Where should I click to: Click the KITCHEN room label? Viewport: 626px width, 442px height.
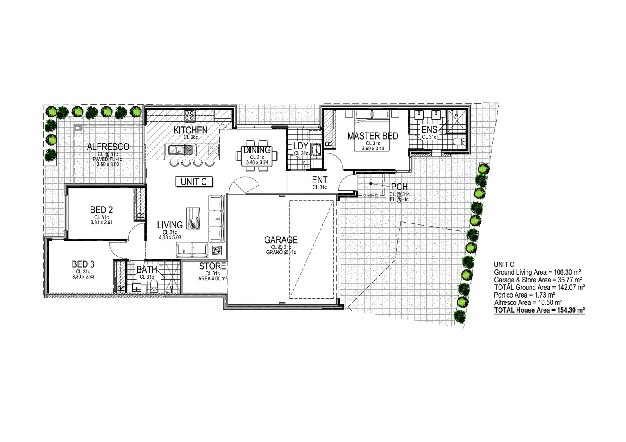[191, 130]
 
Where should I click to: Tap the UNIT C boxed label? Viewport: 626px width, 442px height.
[194, 182]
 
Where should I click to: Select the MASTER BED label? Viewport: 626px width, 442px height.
[372, 136]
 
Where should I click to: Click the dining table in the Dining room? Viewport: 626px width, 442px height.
[257, 156]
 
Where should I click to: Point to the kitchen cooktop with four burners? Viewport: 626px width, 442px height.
[190, 115]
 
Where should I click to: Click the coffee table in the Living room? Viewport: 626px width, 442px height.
[192, 218]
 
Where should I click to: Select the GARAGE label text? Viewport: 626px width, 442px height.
[281, 240]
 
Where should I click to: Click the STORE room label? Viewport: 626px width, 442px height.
[212, 266]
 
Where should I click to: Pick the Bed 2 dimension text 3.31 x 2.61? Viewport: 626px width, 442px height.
[101, 223]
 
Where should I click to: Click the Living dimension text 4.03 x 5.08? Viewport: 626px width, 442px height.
[170, 237]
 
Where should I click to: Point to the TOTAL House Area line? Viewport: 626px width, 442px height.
[539, 310]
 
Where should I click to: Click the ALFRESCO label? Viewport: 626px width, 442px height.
[108, 147]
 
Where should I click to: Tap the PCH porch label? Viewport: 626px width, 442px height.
[399, 187]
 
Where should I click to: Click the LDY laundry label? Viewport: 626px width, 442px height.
[300, 146]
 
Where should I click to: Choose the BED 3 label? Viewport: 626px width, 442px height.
[83, 264]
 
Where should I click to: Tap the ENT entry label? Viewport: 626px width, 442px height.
[320, 180]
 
